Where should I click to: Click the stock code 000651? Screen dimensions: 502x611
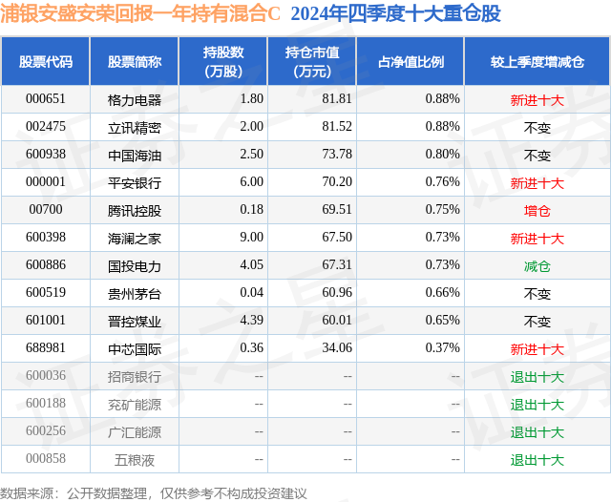point(45,99)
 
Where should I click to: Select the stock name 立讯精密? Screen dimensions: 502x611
point(135,127)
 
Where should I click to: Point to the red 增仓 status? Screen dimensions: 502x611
point(537,211)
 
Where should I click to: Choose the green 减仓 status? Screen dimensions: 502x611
point(537,266)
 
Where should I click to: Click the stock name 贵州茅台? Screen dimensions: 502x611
point(135,294)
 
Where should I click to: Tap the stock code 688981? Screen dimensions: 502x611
point(45,349)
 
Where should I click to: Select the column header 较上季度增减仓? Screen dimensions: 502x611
point(537,62)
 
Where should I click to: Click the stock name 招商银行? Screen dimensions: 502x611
point(135,377)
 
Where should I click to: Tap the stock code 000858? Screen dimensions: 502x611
point(45,459)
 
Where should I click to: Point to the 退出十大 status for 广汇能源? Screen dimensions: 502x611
point(537,432)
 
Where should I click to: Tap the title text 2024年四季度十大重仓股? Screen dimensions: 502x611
point(394,13)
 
